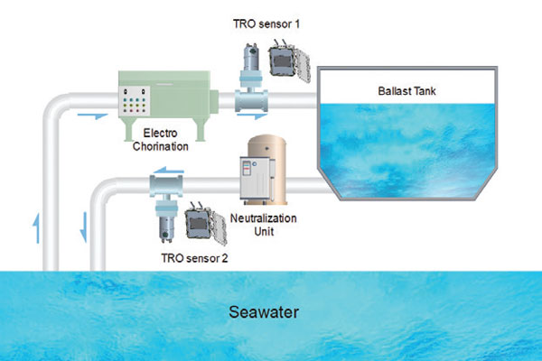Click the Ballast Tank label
406,91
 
